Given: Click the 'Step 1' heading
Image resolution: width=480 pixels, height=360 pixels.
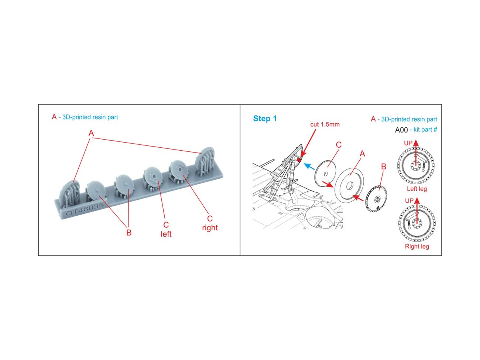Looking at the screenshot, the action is pyautogui.click(x=265, y=119).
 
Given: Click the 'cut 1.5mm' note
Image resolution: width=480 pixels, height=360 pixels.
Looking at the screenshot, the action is pyautogui.click(x=325, y=124).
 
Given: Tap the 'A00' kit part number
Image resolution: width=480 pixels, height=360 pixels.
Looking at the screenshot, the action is pyautogui.click(x=401, y=130).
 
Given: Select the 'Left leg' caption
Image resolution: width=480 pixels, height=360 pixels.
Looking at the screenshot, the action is pyautogui.click(x=417, y=189).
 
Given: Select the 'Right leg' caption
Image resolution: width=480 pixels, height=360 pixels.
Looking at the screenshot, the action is pyautogui.click(x=417, y=246).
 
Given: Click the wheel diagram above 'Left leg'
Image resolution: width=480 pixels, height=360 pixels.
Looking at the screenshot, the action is pyautogui.click(x=416, y=165).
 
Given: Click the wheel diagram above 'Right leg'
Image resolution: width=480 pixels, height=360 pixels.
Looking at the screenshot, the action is pyautogui.click(x=417, y=223).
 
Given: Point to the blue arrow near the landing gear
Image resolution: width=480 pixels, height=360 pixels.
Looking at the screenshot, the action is pyautogui.click(x=309, y=167).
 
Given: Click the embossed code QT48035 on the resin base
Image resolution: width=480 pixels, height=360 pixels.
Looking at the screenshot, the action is pyautogui.click(x=84, y=210).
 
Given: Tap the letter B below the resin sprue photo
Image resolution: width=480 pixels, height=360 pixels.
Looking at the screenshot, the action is pyautogui.click(x=129, y=232).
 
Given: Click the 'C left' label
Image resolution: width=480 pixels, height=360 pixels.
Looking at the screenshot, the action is pyautogui.click(x=166, y=229).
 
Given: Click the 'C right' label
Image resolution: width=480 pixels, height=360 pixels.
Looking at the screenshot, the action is pyautogui.click(x=210, y=223).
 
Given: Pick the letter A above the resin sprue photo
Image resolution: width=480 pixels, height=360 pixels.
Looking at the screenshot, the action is pyautogui.click(x=91, y=133).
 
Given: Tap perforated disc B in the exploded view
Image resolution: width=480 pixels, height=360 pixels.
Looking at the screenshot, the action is pyautogui.click(x=376, y=199).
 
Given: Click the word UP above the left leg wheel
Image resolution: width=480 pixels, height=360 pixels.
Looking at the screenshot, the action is pyautogui.click(x=408, y=143).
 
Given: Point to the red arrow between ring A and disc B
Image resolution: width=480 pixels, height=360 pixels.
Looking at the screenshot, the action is pyautogui.click(x=358, y=198).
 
